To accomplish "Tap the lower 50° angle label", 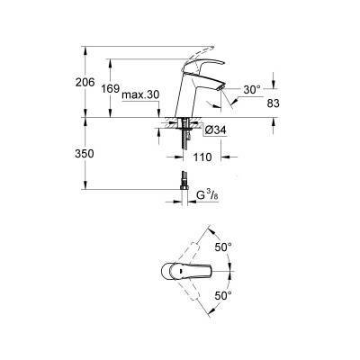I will tap(223, 294).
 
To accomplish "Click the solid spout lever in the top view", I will tap(193, 270).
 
